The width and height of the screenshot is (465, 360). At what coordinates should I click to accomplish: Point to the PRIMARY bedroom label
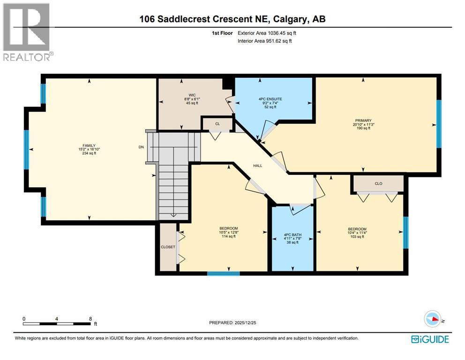(x=363, y=120)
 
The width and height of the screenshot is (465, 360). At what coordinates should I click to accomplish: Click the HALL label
(x=258, y=165)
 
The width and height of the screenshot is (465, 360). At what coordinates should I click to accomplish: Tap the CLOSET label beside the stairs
(x=168, y=247)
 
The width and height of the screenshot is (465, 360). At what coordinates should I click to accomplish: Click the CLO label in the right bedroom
(x=378, y=183)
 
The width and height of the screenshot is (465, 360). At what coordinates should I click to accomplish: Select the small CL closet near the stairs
(x=217, y=124)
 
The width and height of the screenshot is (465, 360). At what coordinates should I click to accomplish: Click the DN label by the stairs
(x=141, y=147)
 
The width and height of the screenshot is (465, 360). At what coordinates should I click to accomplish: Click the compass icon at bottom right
(x=433, y=319)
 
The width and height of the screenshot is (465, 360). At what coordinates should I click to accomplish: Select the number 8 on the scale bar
(x=90, y=318)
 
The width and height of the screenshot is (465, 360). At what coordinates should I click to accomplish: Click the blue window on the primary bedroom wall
(x=439, y=124)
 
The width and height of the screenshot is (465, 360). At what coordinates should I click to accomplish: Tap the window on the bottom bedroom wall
(x=224, y=273)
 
